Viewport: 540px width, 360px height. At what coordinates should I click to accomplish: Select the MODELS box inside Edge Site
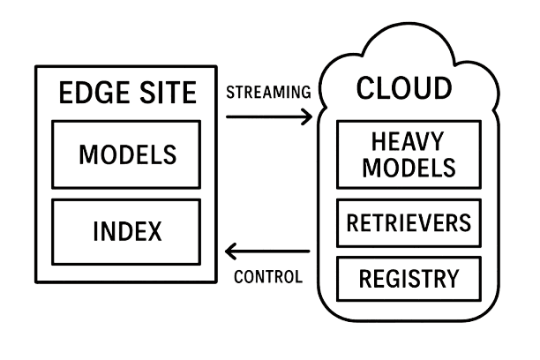126,154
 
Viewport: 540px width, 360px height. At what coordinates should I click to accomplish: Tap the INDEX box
126,232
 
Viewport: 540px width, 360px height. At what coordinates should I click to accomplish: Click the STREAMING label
268,91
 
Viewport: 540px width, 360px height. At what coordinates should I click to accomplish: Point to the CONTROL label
268,276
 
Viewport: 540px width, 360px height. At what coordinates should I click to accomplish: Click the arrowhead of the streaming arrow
308,116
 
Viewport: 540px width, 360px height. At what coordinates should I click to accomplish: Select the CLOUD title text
403,88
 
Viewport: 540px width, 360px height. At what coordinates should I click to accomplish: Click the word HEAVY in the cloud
407,141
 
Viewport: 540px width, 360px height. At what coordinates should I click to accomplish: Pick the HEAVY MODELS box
408,154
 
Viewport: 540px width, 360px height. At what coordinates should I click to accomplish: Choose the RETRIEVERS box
409,222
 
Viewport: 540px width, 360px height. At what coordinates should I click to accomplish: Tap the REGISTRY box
409,279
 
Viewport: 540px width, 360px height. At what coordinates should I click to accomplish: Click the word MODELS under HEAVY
407,166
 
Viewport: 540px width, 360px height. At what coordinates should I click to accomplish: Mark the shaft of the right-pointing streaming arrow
265,116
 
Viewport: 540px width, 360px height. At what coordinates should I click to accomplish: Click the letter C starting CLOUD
365,88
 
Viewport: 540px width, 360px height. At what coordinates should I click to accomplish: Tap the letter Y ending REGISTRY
452,280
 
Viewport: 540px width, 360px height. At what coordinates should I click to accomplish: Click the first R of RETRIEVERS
353,222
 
